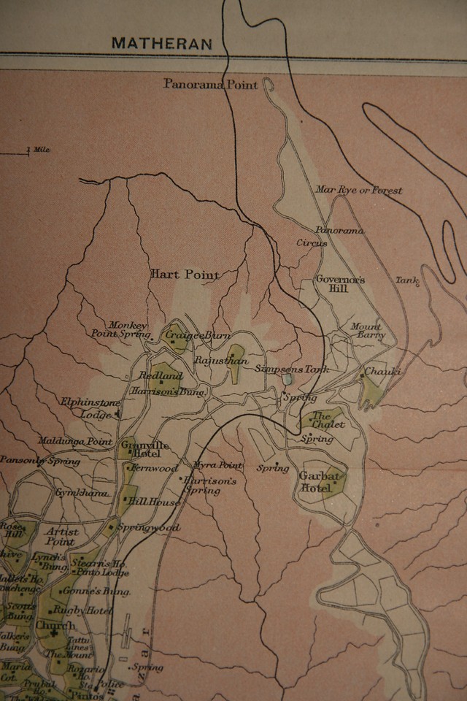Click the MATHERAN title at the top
[162, 43]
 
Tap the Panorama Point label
[210, 85]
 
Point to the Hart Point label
[185, 275]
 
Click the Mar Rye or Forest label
[358, 190]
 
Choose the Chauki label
[383, 371]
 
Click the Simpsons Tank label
[292, 369]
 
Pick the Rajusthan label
[222, 361]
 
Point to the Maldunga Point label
[76, 442]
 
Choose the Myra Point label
[217, 465]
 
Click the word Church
[55, 626]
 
